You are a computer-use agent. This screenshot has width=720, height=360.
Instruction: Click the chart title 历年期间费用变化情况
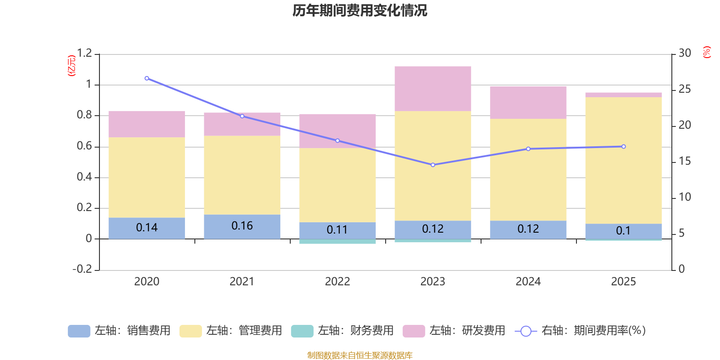point(360,10)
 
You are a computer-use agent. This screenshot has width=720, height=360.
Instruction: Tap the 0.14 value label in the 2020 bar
point(147,228)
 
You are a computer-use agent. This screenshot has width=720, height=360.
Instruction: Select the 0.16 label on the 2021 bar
point(242,226)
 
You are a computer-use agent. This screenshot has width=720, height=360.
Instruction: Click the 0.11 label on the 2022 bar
point(337,230)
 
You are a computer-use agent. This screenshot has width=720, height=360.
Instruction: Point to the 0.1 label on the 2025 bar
point(623,231)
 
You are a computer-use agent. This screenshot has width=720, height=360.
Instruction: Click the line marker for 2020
point(147,78)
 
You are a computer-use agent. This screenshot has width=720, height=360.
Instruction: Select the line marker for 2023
point(433,165)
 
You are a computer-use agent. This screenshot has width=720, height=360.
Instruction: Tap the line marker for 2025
point(624,147)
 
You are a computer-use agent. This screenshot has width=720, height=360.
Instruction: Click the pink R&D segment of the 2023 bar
point(433,89)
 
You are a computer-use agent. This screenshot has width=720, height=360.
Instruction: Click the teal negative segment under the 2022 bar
point(337,242)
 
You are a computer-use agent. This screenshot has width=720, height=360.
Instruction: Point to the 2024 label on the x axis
point(528,282)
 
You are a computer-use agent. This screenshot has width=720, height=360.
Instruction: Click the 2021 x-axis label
point(242,282)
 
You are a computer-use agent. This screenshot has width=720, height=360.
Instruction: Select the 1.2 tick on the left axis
point(84,54)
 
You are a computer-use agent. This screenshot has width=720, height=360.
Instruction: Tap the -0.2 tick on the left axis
point(82,269)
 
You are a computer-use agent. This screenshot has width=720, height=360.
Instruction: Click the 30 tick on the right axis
point(685,54)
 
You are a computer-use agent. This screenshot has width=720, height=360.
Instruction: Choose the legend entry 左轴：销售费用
point(119,331)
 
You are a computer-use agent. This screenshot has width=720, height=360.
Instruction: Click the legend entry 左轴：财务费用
point(342,331)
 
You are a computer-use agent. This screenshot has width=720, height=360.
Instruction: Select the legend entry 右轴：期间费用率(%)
point(580,331)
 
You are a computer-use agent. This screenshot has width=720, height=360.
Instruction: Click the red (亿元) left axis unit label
point(71,66)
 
